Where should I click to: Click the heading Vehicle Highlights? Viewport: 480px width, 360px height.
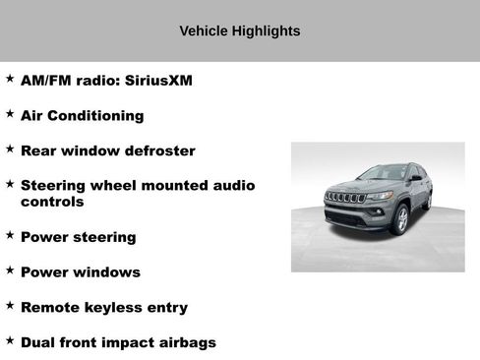240,31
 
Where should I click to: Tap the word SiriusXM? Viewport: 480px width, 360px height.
157,81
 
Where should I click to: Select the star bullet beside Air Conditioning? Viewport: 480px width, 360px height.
10,114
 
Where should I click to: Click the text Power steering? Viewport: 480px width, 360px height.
78,237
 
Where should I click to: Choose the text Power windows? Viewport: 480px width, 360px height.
80,272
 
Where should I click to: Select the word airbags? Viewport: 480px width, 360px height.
186,342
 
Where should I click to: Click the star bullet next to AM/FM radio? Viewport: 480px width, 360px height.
10,79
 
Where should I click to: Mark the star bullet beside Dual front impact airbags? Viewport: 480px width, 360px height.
10,340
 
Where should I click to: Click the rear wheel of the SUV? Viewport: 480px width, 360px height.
428,201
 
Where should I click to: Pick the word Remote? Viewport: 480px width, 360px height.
50,308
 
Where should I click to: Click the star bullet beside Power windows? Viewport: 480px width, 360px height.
10,270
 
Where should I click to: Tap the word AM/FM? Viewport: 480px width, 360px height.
45,81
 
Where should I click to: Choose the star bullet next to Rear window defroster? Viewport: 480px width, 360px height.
10,150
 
